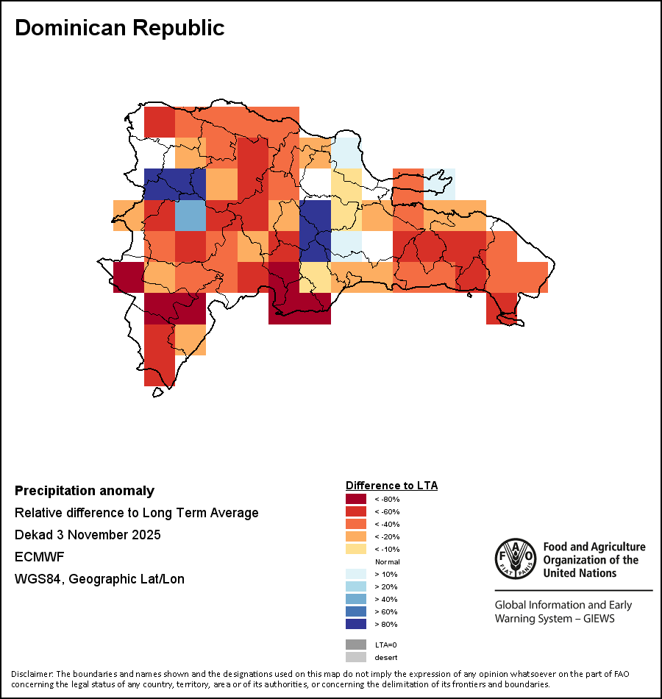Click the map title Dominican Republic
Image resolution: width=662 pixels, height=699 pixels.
(x=119, y=28)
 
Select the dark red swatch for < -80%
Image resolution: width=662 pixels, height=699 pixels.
(x=356, y=499)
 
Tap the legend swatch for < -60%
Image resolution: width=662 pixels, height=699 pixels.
(x=356, y=511)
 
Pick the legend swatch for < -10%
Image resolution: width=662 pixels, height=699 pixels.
(x=356, y=549)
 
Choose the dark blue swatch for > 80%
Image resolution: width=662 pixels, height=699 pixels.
(x=356, y=624)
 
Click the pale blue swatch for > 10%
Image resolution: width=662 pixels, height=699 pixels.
(x=356, y=574)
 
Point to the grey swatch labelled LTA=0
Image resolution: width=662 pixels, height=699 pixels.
(x=356, y=645)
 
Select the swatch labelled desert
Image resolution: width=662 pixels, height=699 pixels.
(x=356, y=657)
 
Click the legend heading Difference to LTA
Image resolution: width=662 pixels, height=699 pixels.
(x=391, y=486)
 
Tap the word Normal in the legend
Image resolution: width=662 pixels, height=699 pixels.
(x=387, y=561)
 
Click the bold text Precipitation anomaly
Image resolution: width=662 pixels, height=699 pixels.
(x=85, y=491)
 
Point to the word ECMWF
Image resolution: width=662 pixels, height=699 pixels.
(x=39, y=557)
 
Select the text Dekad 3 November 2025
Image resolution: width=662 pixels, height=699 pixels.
(x=88, y=535)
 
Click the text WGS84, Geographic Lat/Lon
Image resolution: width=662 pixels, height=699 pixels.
(x=99, y=579)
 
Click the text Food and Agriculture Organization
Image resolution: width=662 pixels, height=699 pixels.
(x=594, y=559)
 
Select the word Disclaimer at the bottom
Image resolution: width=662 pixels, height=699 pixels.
(x=31, y=674)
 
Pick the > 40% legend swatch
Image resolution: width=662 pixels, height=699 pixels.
(x=356, y=599)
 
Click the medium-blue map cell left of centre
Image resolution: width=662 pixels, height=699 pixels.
(x=190, y=216)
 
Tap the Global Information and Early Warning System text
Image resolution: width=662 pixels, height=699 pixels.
(x=563, y=611)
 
